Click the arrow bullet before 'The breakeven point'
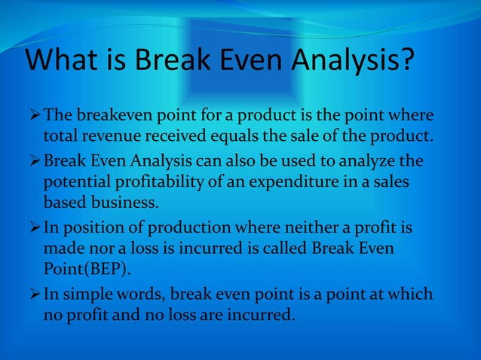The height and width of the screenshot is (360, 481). tap(34, 117)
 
